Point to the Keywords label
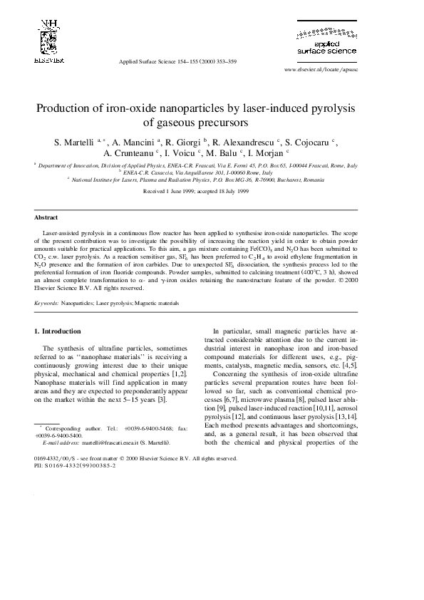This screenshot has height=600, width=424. (x=47, y=303)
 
